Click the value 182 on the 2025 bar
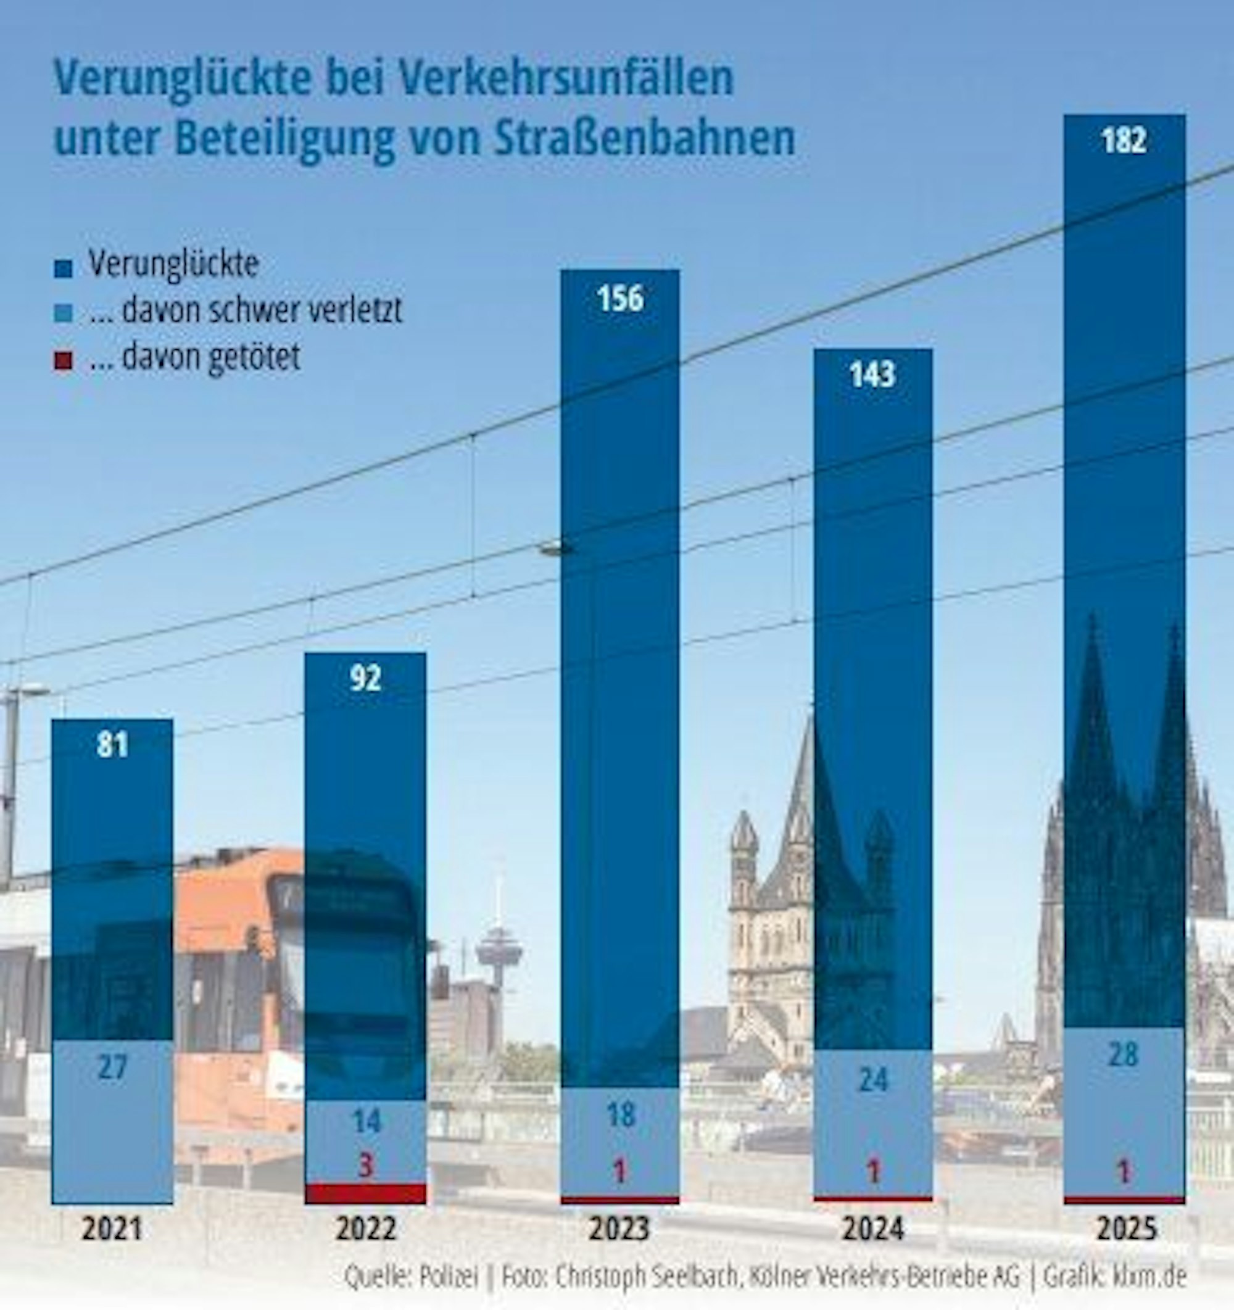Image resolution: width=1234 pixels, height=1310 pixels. coord(1124,140)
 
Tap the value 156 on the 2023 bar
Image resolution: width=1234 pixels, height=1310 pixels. coord(620,299)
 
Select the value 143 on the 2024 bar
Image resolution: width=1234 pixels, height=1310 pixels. coord(872,375)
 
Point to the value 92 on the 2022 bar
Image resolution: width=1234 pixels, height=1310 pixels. coord(365,678)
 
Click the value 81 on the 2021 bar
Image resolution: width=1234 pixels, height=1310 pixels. coord(112,745)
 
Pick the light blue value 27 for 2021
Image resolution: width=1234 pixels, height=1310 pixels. coord(112,1067)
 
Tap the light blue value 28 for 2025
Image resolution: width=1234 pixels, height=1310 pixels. coord(1124,1055)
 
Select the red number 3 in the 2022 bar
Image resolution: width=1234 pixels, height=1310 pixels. coord(366,1166)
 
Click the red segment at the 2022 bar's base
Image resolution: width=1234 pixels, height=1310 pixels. coord(365,1193)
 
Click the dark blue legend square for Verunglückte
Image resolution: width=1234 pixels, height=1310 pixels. coord(64,268)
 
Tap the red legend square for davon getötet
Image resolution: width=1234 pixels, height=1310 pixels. coord(64,360)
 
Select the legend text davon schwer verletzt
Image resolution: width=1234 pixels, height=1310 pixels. coord(245,310)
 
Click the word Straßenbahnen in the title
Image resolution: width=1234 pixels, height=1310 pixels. coord(644,138)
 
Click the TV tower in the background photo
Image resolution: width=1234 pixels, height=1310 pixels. coord(498,950)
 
